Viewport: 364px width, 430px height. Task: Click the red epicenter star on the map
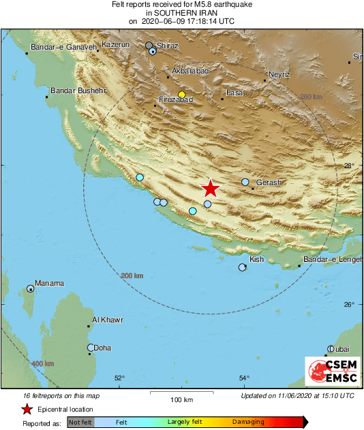[x=211, y=188]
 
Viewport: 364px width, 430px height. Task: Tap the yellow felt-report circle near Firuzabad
[x=181, y=95]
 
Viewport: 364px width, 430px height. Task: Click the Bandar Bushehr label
[x=79, y=90]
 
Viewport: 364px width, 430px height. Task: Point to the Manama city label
[x=49, y=284]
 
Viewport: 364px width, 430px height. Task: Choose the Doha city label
[x=102, y=348]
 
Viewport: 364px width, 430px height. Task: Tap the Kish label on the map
[x=257, y=260]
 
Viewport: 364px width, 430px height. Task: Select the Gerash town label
[x=269, y=183]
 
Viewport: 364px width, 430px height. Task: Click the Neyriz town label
[x=279, y=74]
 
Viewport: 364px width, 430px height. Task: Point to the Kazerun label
[x=115, y=44]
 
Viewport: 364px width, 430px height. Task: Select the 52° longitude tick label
[x=119, y=378]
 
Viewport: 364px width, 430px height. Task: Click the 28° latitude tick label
[x=348, y=165]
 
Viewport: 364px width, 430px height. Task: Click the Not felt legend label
[x=80, y=423]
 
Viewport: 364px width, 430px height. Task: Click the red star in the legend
[x=27, y=409]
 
